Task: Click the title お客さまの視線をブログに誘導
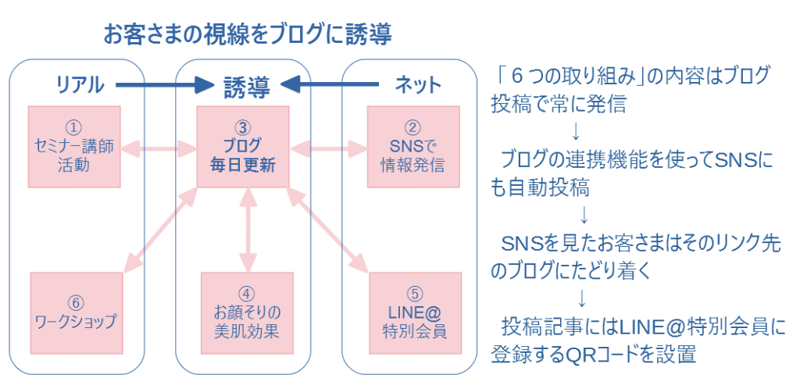[x=248, y=34]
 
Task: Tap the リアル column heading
[x=79, y=84]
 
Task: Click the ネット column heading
[x=418, y=84]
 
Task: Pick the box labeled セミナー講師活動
[x=74, y=146]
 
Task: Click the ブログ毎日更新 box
[x=243, y=146]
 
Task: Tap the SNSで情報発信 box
[x=413, y=146]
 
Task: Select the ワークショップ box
[x=77, y=313]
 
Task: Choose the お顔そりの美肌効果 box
[x=247, y=313]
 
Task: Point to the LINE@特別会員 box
[x=416, y=313]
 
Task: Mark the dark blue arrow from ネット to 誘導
[x=330, y=85]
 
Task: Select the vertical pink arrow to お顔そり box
[x=248, y=230]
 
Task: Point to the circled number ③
[x=243, y=126]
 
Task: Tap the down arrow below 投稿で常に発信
[x=576, y=131]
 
